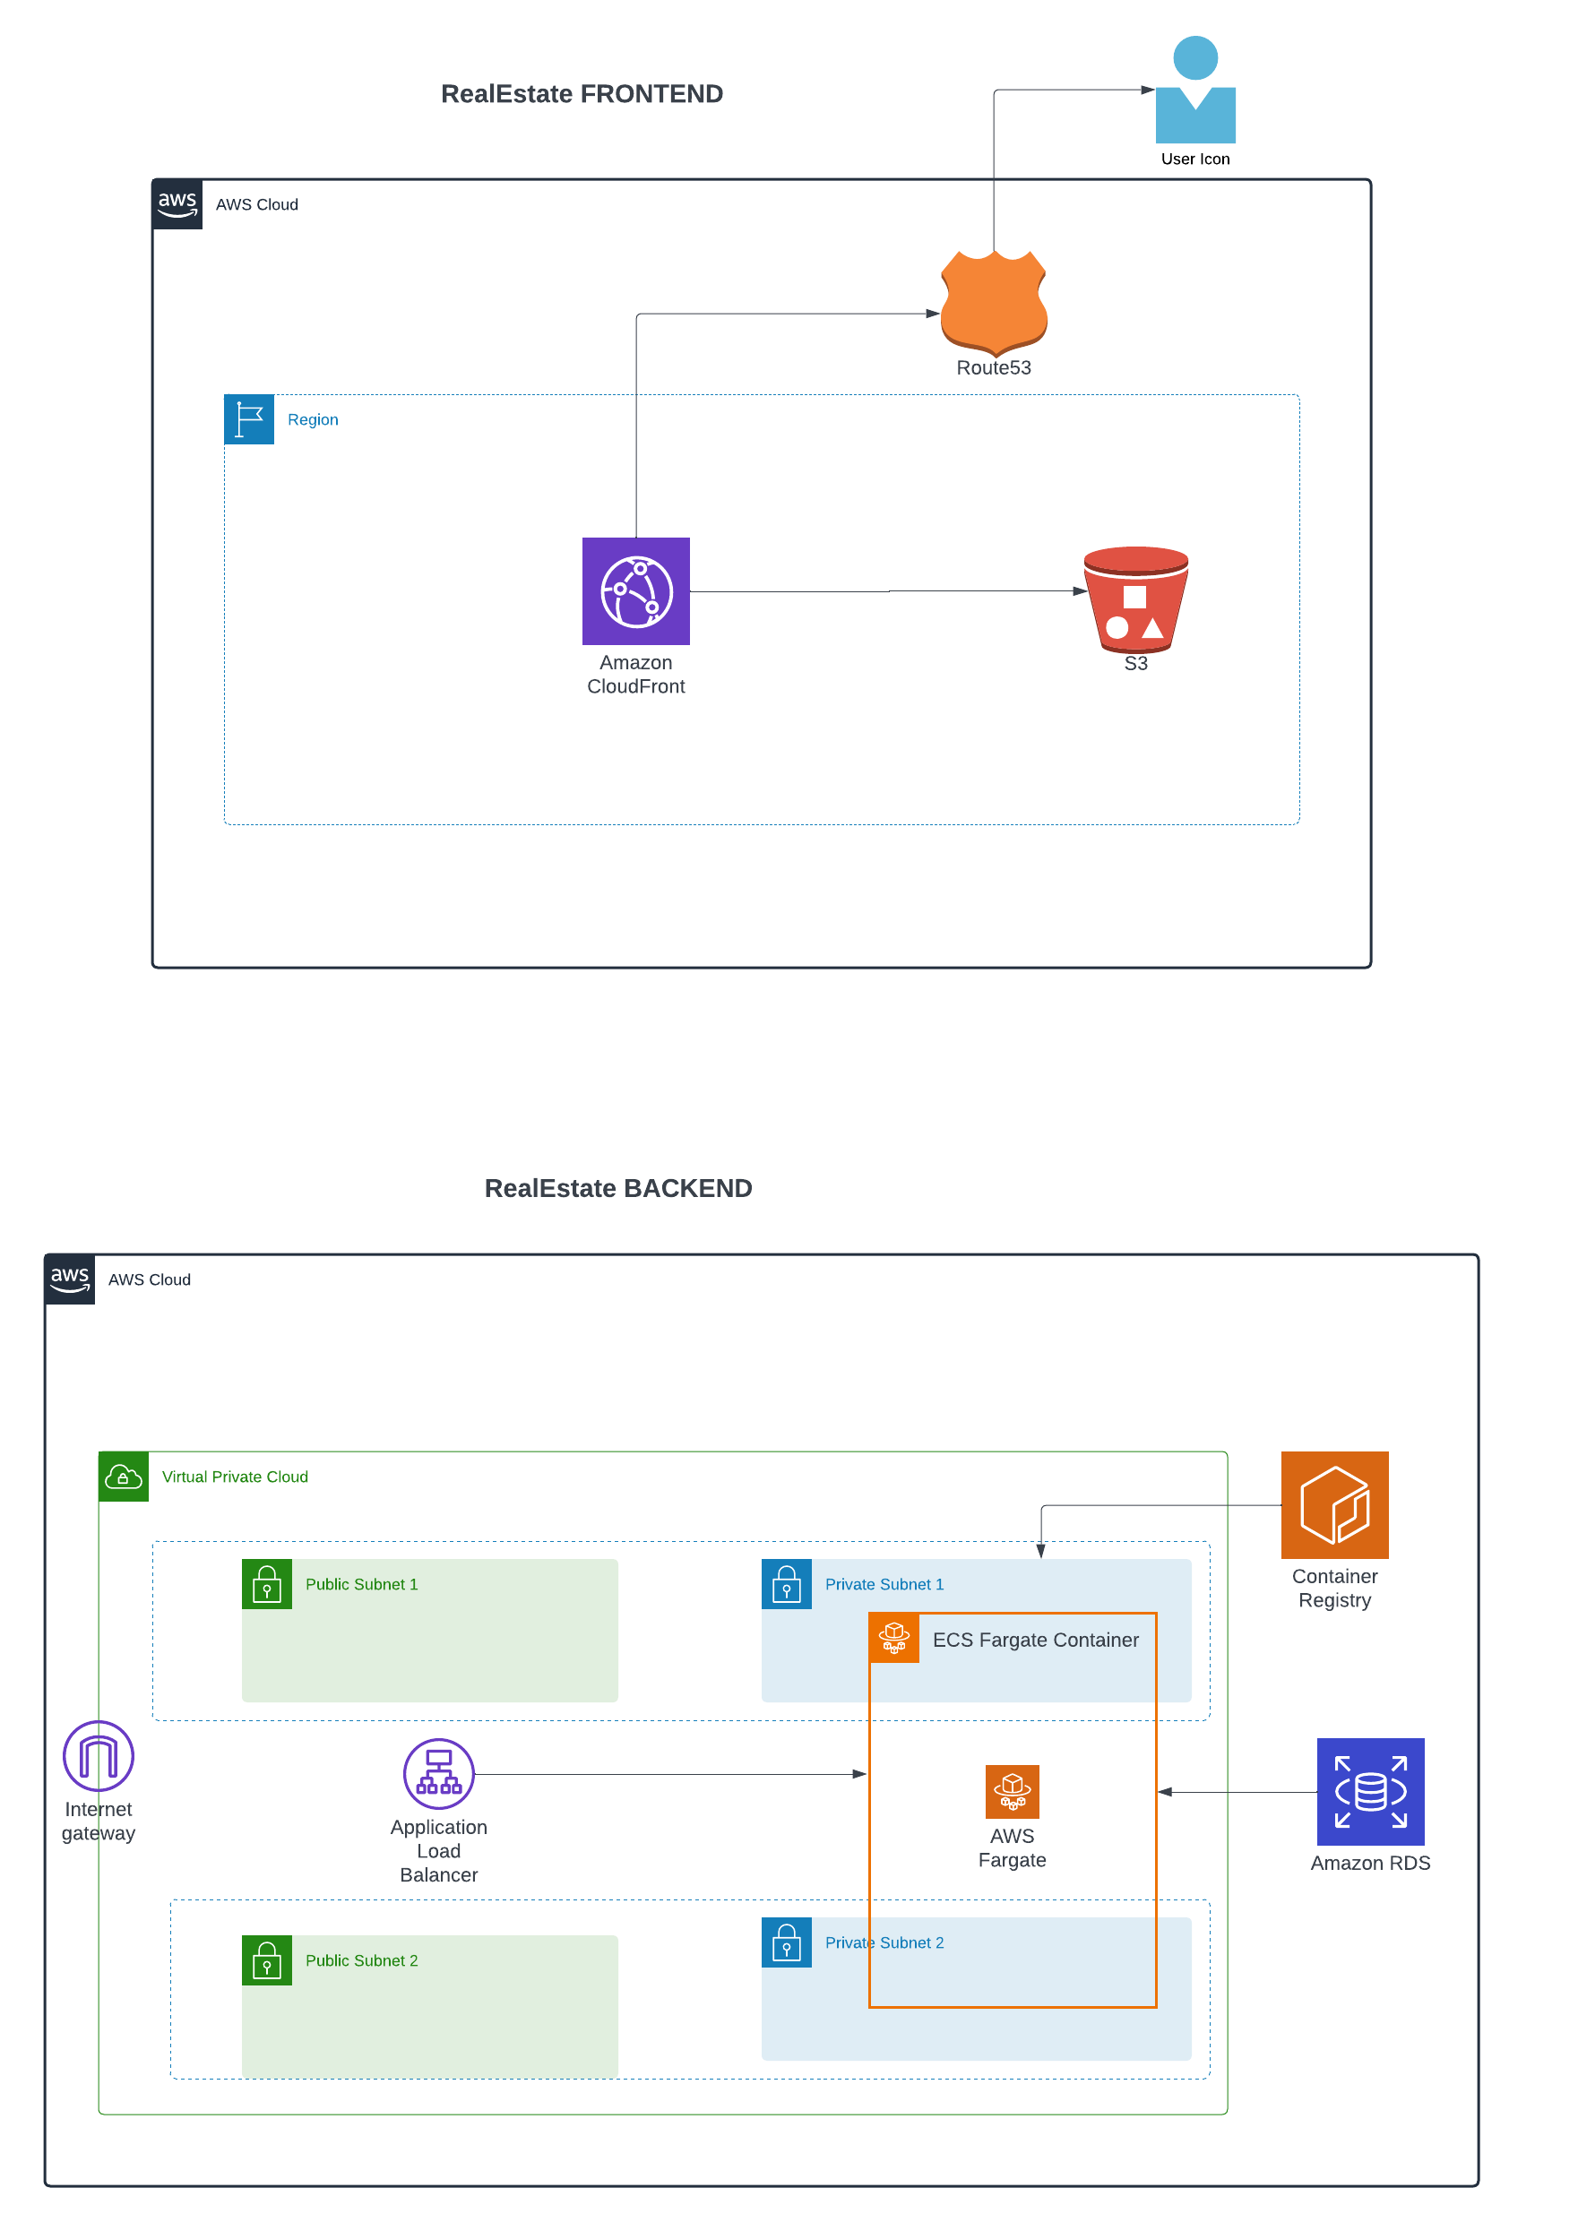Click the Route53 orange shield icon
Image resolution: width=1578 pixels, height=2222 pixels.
(993, 301)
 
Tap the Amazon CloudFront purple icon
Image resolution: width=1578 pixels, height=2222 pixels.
(635, 590)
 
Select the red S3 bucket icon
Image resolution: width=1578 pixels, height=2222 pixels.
(1135, 599)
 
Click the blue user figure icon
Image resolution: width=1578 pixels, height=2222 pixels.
(1195, 90)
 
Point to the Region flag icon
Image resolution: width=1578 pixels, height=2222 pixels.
(249, 419)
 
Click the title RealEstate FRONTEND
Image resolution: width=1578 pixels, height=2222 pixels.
(582, 94)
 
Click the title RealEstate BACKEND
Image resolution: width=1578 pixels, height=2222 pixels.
(618, 1188)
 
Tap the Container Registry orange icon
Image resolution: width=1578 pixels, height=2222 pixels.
(1334, 1505)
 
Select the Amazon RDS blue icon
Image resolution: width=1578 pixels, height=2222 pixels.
(1370, 1792)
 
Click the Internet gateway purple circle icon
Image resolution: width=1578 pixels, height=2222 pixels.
(99, 1755)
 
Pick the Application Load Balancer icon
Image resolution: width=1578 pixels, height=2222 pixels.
(439, 1774)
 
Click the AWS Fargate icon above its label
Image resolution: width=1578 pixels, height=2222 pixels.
(1012, 1792)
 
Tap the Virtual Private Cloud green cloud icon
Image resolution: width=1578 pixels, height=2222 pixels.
(124, 1477)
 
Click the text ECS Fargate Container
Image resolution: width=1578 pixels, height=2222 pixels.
(1035, 1640)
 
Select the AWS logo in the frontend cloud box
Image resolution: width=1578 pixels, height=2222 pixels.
(177, 204)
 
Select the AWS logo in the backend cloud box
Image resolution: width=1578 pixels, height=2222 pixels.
(70, 1279)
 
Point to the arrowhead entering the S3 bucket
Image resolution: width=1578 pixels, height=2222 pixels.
(1081, 590)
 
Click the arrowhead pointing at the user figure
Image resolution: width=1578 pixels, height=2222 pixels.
(1148, 90)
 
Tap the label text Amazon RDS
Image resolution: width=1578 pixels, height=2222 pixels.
(1370, 1863)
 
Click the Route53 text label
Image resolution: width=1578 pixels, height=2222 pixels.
(993, 367)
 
